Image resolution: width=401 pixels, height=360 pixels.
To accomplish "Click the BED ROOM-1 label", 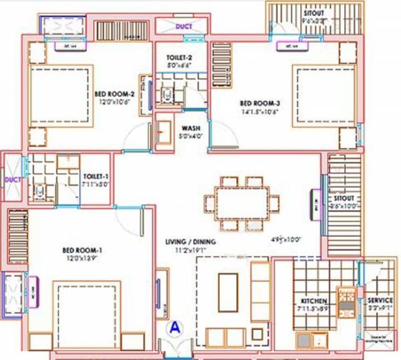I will pyautogui.click(x=82, y=250).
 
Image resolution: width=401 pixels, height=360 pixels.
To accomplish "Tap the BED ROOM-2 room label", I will pyautogui.click(x=114, y=94).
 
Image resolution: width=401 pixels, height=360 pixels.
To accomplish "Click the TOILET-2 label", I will pyautogui.click(x=179, y=58).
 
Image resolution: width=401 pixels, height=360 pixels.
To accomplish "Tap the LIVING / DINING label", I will pyautogui.click(x=190, y=242).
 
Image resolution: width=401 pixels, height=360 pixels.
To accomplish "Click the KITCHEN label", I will pyautogui.click(x=313, y=301).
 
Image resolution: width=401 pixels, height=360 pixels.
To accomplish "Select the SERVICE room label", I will pyautogui.click(x=379, y=301).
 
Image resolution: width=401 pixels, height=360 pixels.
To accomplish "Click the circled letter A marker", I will pyautogui.click(x=174, y=328).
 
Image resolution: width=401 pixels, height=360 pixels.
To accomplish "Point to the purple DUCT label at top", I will pyautogui.click(x=183, y=27).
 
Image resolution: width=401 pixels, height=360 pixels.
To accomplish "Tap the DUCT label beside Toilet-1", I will pyautogui.click(x=11, y=179).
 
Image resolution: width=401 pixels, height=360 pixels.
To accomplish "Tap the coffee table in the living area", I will pyautogui.click(x=228, y=288).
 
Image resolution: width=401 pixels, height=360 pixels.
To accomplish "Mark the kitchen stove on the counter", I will pyautogui.click(x=346, y=300).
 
